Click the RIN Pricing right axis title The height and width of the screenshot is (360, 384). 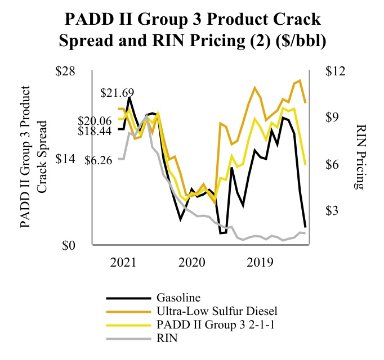click(x=361, y=157)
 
